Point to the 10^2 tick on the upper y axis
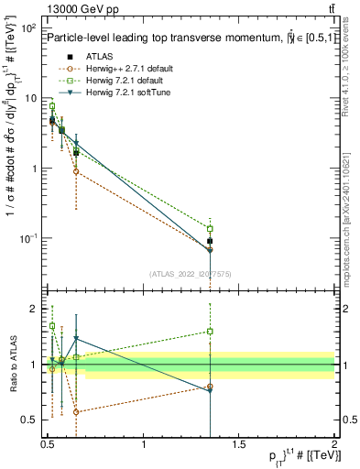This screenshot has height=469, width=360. (x=29, y=28)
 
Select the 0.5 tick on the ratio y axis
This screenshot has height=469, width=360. (x=33, y=419)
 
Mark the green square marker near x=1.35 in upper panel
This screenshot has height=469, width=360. (x=210, y=228)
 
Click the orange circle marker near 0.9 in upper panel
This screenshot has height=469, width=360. (x=76, y=171)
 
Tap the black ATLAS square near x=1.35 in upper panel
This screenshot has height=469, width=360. (x=210, y=241)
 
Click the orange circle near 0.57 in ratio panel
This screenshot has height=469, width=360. (x=76, y=412)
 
